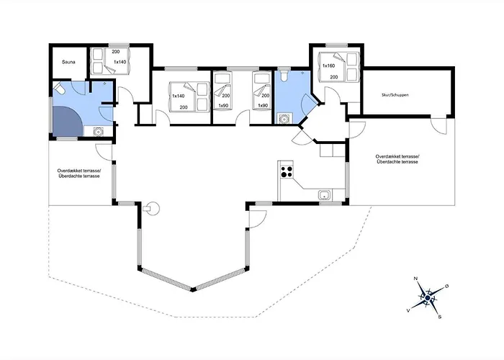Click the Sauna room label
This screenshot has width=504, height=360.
(68, 62)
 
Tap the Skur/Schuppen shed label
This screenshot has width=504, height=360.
(395, 95)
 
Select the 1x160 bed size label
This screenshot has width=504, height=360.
(328, 66)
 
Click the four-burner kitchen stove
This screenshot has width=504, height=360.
(287, 171)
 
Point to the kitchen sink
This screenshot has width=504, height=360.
(324, 195)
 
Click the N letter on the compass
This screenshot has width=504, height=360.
(415, 279)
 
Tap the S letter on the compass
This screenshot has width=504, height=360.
(440, 317)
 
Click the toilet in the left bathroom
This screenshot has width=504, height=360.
(59, 89)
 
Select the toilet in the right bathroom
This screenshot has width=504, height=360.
(284, 76)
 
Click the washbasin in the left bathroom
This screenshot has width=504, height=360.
(98, 132)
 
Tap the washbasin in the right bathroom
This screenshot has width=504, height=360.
(283, 119)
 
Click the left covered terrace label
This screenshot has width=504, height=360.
(79, 174)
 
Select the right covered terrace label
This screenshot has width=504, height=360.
(397, 159)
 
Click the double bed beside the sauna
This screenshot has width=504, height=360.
(110, 61)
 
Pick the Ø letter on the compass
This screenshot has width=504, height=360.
(446, 286)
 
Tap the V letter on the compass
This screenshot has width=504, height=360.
(408, 311)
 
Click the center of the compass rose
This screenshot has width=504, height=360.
(428, 298)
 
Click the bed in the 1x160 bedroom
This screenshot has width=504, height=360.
(338, 67)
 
